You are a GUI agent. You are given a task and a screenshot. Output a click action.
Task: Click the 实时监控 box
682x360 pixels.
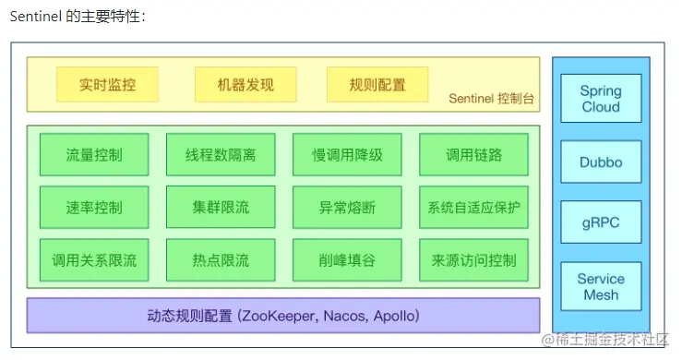[107, 84]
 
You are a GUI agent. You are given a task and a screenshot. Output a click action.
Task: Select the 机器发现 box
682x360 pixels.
[245, 84]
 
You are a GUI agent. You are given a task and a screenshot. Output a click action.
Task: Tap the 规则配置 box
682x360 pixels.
[377, 84]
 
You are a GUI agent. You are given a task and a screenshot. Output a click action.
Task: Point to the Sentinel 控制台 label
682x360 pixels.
[492, 98]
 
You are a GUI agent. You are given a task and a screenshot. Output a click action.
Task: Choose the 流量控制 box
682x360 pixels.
[94, 154]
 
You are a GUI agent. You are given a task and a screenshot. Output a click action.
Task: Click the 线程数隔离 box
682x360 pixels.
[221, 154]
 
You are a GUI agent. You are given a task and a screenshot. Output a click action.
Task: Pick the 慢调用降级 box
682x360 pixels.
[347, 154]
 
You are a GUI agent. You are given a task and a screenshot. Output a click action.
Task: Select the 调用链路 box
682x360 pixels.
[473, 154]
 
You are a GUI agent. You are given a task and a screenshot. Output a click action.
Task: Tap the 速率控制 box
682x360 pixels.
[94, 207]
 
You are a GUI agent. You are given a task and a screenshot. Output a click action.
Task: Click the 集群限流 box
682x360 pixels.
[221, 207]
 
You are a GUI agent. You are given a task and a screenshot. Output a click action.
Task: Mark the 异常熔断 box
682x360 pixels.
[347, 207]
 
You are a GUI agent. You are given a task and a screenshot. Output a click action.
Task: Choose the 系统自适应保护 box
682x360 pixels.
[473, 207]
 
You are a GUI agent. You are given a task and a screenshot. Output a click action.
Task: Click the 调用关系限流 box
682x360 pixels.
[94, 259]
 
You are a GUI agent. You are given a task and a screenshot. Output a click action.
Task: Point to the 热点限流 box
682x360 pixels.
[221, 259]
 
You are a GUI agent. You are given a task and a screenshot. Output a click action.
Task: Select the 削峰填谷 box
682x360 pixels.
[347, 259]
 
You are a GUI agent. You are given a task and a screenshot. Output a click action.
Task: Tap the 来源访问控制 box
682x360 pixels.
[473, 259]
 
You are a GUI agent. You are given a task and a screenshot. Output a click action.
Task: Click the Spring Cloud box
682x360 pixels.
[601, 99]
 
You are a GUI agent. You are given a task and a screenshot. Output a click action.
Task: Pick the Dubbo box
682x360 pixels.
[601, 162]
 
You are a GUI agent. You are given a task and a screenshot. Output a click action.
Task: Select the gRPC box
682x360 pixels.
[601, 223]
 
